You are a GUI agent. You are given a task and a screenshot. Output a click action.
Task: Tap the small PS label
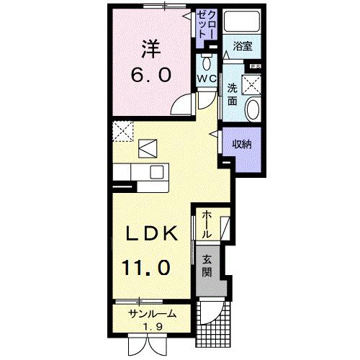tap(255, 67)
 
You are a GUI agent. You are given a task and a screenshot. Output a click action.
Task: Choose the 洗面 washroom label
tap(233, 94)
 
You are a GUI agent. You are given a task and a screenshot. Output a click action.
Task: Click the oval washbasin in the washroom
tap(253, 109)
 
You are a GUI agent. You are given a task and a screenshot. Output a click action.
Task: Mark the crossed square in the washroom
tap(253, 84)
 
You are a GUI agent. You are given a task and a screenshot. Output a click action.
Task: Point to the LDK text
tap(152, 235)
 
